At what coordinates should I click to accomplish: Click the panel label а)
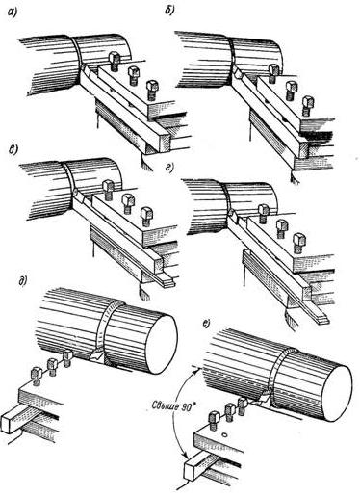[13, 13]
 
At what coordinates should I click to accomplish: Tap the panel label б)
[169, 11]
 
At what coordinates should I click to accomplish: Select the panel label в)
[13, 149]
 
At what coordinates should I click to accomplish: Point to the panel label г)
[169, 168]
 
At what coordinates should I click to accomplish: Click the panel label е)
[206, 324]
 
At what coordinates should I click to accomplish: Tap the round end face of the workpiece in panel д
[164, 344]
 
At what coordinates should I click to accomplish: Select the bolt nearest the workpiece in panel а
[115, 61]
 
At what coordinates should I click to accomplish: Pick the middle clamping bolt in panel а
[133, 75]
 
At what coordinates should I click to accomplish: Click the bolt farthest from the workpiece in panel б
[308, 105]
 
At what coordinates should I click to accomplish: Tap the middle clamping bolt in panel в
[128, 203]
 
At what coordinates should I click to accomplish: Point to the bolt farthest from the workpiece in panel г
[299, 243]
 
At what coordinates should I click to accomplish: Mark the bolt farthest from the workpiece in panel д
[37, 377]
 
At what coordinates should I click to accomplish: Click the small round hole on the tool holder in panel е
[225, 434]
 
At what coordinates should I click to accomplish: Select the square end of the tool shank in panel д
[9, 423]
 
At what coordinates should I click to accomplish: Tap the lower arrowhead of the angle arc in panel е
[186, 457]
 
